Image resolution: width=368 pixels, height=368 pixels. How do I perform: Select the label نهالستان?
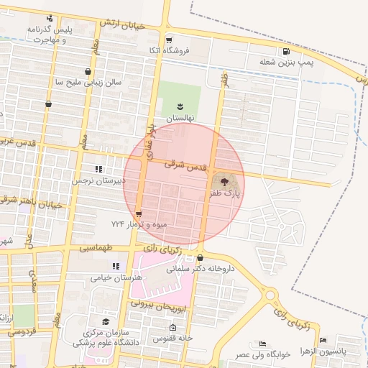tap(180, 117)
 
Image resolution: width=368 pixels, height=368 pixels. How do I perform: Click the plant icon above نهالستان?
tap(180, 107)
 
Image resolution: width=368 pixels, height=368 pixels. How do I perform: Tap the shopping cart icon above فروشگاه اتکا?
tap(169, 40)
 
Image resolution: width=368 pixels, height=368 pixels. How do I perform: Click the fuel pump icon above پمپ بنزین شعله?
tap(287, 52)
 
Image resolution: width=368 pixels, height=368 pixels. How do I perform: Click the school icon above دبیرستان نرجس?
tap(109, 170)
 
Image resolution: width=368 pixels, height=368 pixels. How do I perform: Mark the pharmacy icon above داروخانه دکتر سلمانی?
tap(200, 258)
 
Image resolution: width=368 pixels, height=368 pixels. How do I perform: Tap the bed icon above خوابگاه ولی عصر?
tap(263, 344)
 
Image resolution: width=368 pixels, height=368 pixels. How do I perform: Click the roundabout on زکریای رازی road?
tap(271, 295)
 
